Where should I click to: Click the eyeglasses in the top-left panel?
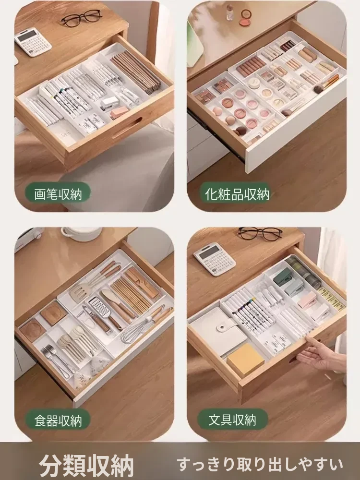tap(81, 17)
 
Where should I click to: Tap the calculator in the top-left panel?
tap(33, 42)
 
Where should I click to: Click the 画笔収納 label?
tap(58, 193)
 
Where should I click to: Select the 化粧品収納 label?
tap(237, 193)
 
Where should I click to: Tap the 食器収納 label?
tap(58, 420)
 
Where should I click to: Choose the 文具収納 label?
tap(232, 420)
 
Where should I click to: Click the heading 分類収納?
tap(86, 466)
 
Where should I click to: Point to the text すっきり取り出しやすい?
tap(260, 464)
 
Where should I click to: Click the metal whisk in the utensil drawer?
tap(144, 325)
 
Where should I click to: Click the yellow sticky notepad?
tap(245, 359)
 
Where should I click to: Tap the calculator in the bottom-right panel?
tap(215, 259)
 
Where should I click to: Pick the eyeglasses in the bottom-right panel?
tap(260, 234)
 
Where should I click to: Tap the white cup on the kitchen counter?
tap(81, 234)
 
